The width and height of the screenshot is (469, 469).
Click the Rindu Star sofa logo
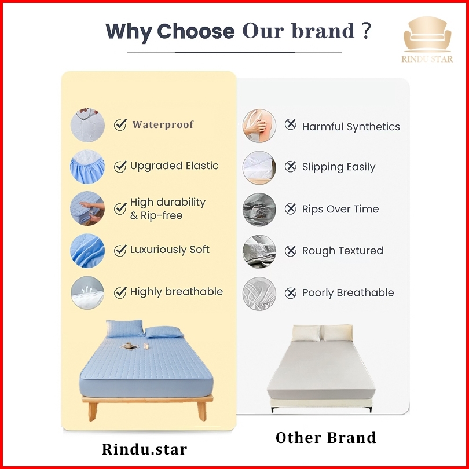(427, 39)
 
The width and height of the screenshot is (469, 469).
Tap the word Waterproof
(163, 124)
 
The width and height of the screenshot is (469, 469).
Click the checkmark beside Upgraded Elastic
(120, 166)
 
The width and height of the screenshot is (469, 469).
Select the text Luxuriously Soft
(170, 250)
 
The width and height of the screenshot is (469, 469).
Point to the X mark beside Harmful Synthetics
(290, 124)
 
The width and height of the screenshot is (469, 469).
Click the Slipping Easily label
(339, 167)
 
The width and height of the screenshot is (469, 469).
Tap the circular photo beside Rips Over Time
(259, 210)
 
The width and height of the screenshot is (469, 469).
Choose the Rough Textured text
(342, 251)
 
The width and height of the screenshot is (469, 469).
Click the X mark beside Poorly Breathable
(290, 293)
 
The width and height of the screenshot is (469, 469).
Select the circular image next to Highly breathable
(87, 292)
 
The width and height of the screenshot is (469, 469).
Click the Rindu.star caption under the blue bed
(145, 449)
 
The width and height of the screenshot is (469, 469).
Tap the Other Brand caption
(326, 438)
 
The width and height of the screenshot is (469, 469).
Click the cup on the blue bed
(129, 345)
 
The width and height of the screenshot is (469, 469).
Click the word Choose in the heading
(196, 31)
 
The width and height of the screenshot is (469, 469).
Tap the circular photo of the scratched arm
(259, 125)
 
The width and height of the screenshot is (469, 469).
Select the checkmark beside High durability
(120, 208)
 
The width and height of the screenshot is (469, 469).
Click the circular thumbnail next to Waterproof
(87, 125)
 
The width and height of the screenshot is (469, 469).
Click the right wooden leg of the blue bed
(201, 411)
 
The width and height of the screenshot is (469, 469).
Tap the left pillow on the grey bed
(306, 333)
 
